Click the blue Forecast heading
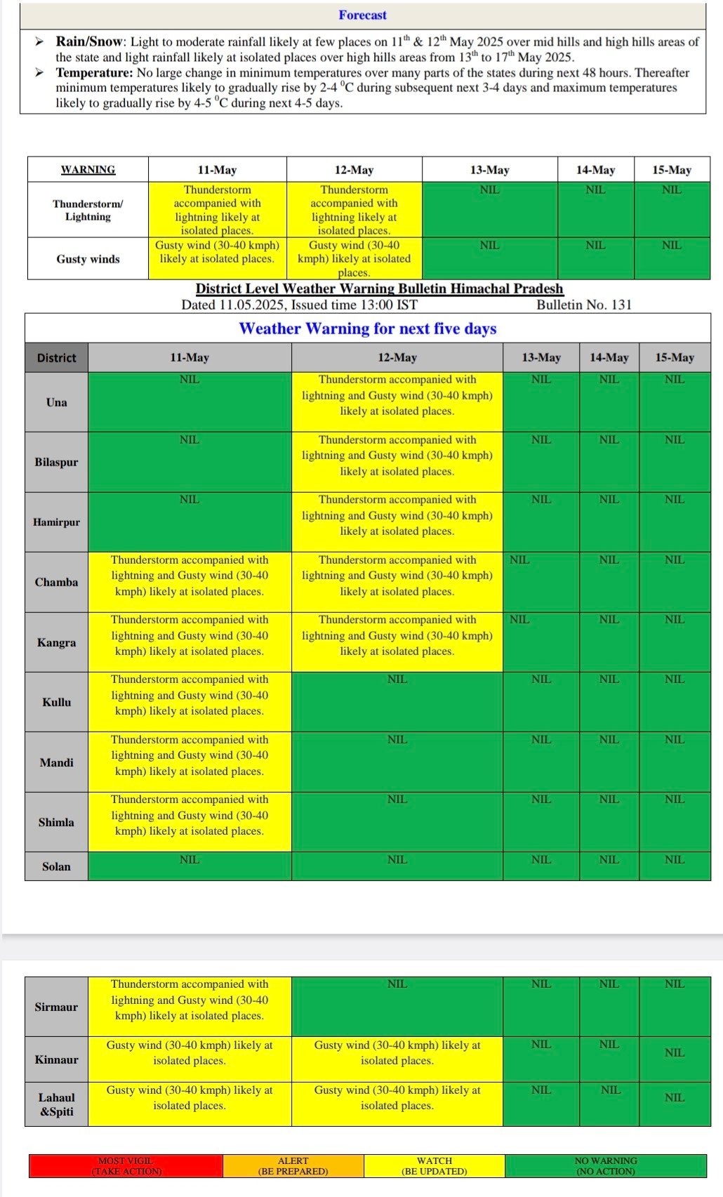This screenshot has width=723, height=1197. (x=362, y=15)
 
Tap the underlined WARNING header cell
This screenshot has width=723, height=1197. (x=88, y=170)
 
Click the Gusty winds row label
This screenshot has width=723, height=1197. (x=88, y=259)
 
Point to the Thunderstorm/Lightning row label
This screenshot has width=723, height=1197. (x=88, y=210)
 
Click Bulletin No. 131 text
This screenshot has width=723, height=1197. (x=584, y=305)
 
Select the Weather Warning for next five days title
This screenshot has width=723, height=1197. (x=368, y=329)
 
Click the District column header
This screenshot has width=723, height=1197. (x=56, y=357)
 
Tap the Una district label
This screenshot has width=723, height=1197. (x=56, y=402)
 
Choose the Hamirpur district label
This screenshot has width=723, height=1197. (x=56, y=522)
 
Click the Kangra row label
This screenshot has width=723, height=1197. (x=56, y=642)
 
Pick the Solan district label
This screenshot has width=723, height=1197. (x=56, y=866)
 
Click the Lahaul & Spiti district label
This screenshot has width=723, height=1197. (x=56, y=1104)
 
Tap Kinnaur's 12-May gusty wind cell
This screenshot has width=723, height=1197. (x=397, y=1053)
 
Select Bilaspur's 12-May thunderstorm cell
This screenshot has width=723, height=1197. (x=397, y=456)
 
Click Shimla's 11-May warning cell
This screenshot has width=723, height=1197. (x=190, y=815)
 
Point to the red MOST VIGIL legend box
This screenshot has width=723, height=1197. (x=126, y=1166)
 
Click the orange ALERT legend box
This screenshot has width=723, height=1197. (x=293, y=1166)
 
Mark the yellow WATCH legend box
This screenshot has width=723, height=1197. (x=435, y=1166)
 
